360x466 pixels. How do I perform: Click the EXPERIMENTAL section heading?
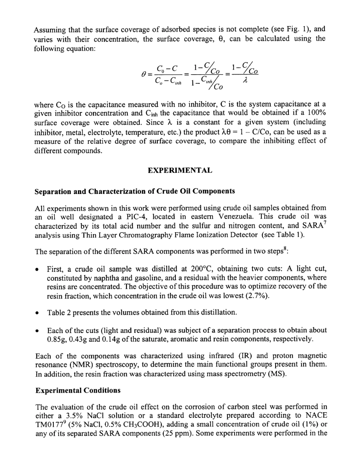point(180,170)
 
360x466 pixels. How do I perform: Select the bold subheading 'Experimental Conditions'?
point(78,390)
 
